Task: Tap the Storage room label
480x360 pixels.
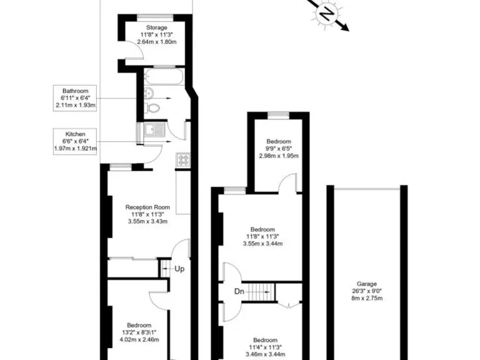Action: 157,27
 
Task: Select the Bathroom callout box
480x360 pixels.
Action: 76,97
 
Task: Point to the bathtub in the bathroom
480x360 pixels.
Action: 164,77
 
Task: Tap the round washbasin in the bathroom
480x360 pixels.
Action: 149,93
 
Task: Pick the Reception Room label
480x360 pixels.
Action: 147,207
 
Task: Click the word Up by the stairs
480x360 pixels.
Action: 179,269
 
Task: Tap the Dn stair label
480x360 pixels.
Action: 239,291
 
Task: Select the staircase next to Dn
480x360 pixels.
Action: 260,291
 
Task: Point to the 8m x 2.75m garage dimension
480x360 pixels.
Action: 366,299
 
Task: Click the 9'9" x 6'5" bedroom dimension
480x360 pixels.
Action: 278,149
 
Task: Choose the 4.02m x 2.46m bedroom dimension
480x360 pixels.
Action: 139,340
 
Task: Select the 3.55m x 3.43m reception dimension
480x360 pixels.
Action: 147,221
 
